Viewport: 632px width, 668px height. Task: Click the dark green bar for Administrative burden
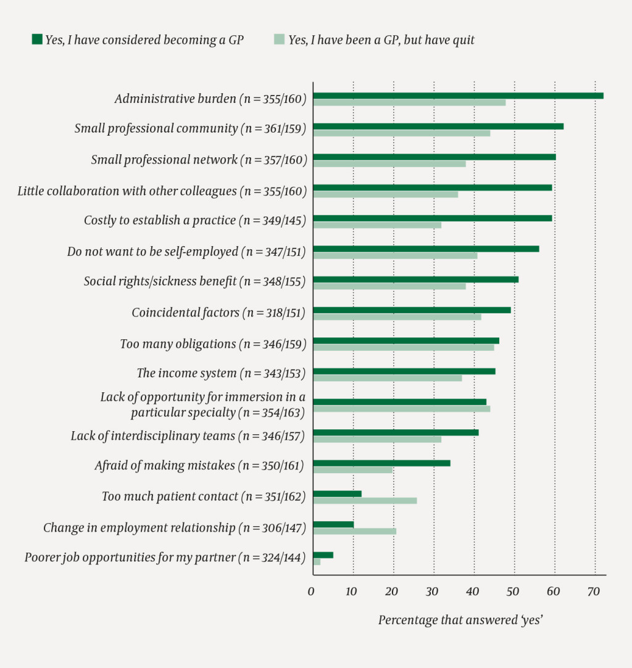[x=458, y=96]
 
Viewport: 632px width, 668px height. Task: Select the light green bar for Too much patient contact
[x=365, y=500]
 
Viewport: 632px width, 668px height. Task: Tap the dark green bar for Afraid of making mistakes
[x=381, y=463]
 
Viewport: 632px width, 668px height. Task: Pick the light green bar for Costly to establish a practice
[x=377, y=225]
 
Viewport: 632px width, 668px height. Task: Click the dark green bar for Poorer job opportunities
[x=323, y=555]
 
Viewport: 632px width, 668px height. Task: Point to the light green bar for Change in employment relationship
[x=354, y=531]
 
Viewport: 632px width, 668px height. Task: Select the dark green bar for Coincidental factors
[x=412, y=310]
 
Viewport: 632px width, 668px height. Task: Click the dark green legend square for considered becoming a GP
[x=37, y=40]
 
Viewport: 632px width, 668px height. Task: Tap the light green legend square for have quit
[x=279, y=40]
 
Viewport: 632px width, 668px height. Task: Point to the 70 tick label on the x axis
[x=593, y=592]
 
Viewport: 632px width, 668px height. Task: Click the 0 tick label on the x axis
[x=311, y=592]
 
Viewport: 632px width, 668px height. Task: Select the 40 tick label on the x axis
[x=473, y=592]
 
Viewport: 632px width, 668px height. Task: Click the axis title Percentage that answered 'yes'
[x=460, y=620]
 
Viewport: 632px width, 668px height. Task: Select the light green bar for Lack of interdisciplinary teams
[x=377, y=439]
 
